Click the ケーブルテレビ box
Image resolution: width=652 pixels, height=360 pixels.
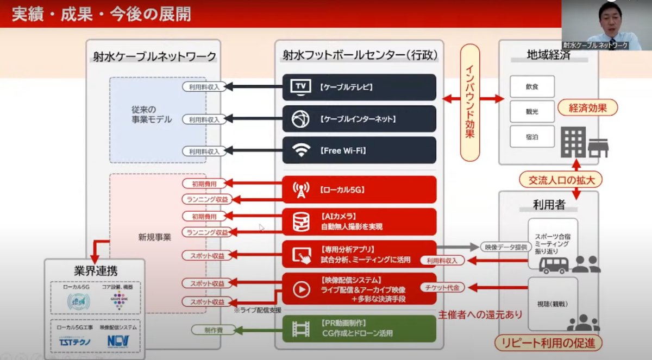(359, 87)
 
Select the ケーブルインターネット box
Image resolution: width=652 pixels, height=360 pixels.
(359, 119)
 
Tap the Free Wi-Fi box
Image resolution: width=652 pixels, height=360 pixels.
(359, 150)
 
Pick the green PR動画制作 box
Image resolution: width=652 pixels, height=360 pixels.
(359, 329)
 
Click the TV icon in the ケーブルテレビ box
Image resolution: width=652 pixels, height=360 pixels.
(300, 87)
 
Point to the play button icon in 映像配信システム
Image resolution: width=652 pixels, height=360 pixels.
(300, 289)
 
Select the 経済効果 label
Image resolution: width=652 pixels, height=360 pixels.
(589, 108)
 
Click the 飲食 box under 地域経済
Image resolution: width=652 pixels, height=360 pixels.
(532, 86)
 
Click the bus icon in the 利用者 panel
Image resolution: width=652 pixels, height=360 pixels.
(553, 264)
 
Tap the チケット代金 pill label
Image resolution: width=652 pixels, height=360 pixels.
(442, 287)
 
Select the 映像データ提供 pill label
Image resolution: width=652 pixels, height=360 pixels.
(505, 248)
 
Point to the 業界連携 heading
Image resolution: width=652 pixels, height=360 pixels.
(95, 270)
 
